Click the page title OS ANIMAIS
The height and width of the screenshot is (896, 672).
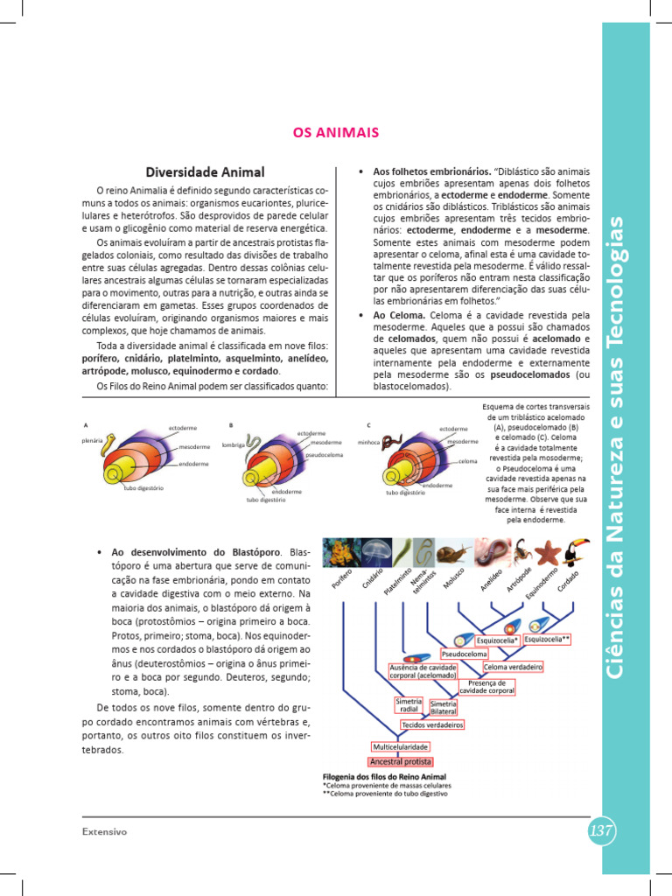pos(335,132)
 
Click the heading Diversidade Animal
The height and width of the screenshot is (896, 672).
pos(205,171)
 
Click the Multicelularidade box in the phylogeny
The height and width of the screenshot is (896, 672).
pos(400,746)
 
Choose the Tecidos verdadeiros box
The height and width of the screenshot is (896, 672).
pos(432,724)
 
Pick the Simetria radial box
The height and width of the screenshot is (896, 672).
pos(409,705)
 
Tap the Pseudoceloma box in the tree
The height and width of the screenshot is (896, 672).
pos(464,654)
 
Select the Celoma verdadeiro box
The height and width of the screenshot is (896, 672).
pos(513,667)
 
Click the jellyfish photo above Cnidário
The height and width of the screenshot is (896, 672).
pos(376,553)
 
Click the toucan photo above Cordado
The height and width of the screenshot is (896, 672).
pos(576,553)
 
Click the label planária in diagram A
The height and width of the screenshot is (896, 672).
pos(92,439)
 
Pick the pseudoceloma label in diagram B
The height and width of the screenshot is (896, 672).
pos(324,456)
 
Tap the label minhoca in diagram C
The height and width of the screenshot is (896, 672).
pos(368,443)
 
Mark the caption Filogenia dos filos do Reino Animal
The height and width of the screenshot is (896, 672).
pos(385,776)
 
